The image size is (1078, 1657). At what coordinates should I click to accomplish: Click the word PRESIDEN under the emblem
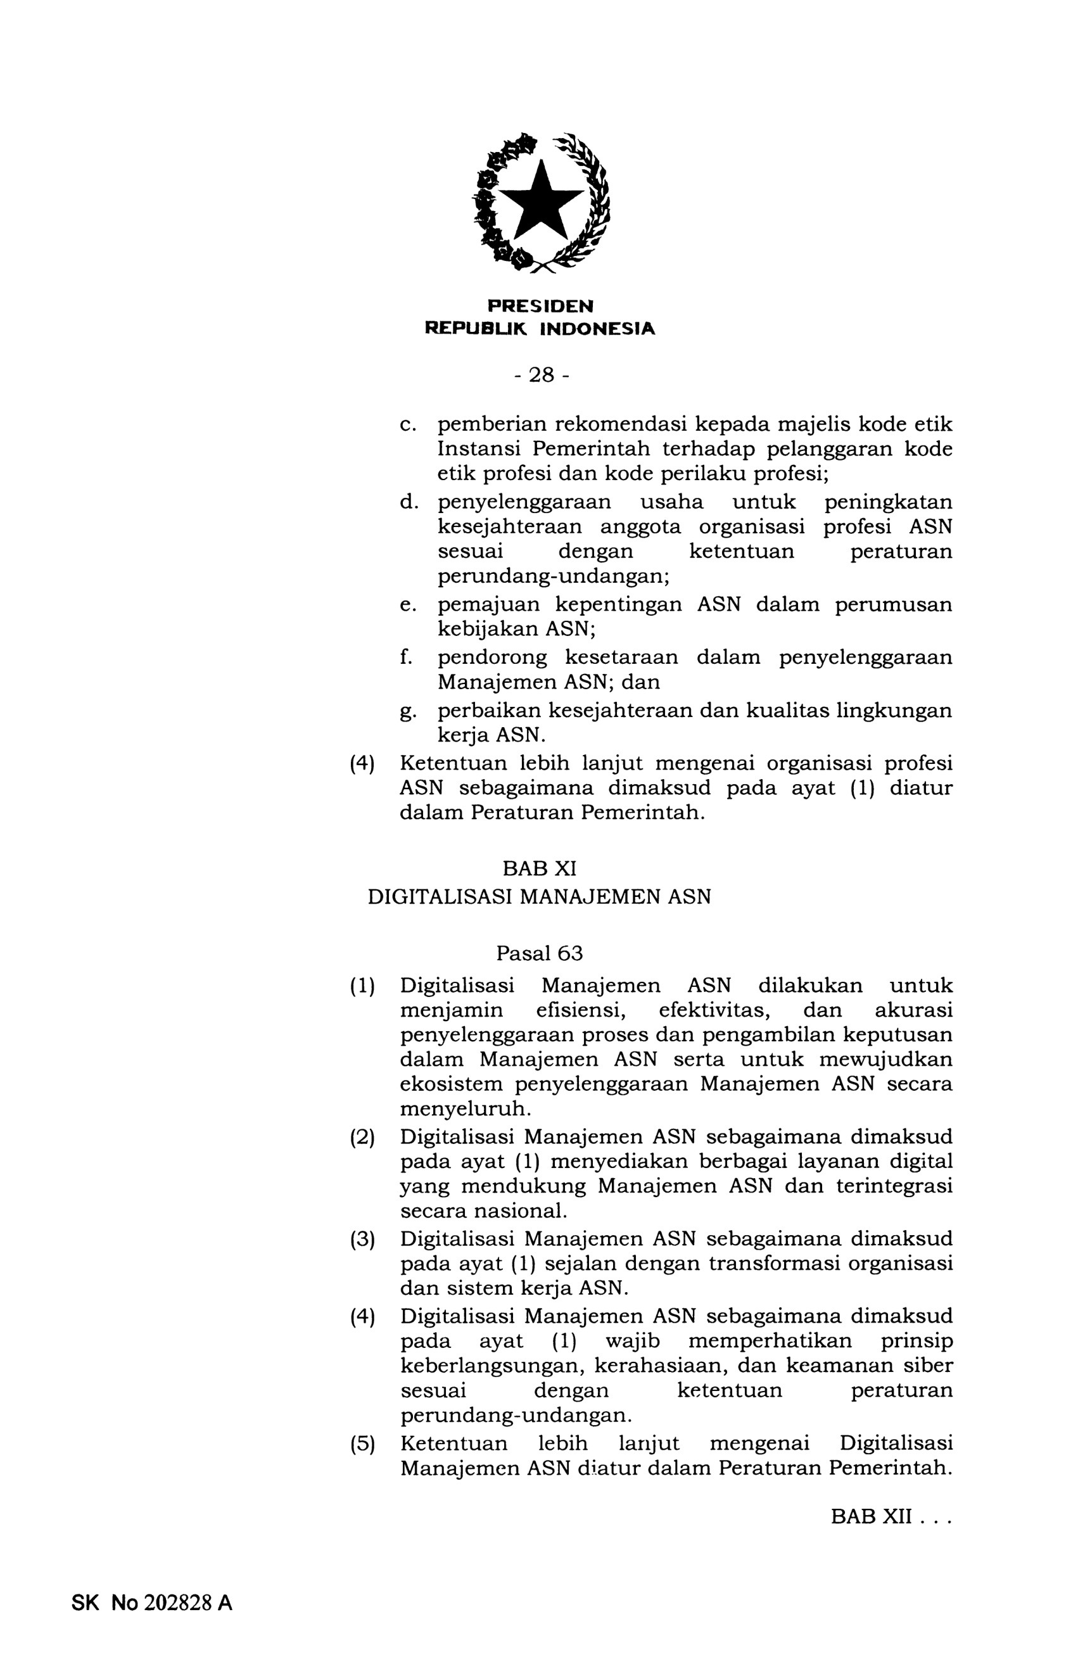(540, 307)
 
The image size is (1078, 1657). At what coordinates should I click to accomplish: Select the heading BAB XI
(539, 868)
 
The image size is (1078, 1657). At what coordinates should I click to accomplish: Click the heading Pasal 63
(539, 953)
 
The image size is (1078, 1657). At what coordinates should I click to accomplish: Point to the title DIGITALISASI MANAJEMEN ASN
(539, 897)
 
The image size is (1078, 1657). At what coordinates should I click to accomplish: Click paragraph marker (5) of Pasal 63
(362, 1445)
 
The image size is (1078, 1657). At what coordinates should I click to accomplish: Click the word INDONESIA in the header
(597, 329)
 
